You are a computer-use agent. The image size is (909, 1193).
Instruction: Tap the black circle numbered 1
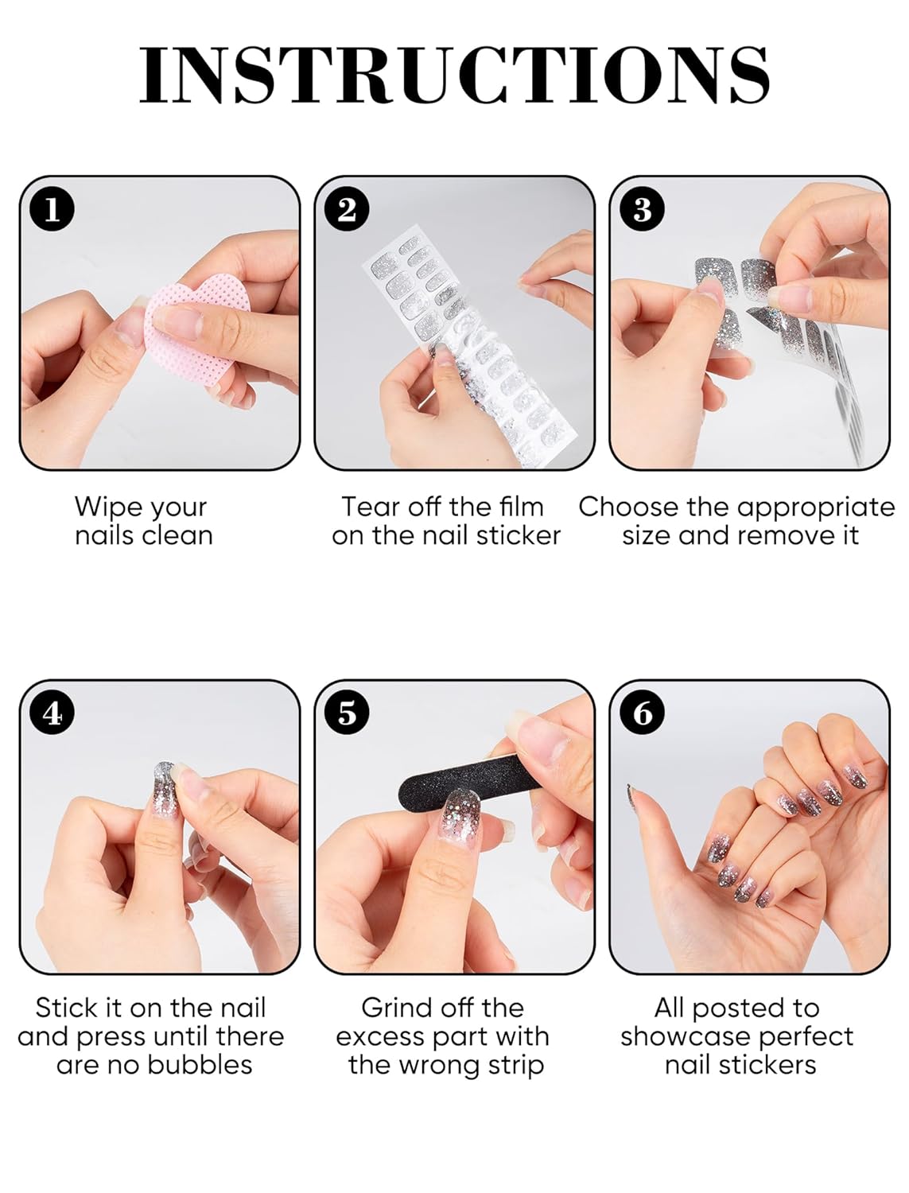(52, 209)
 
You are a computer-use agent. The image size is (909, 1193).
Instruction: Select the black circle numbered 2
(347, 209)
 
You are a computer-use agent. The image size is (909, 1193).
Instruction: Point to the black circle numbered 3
(643, 209)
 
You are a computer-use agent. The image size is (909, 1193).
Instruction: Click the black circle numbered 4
(52, 713)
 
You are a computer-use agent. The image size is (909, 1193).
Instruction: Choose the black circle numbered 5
(347, 713)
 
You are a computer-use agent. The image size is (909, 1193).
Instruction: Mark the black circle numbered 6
(643, 713)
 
